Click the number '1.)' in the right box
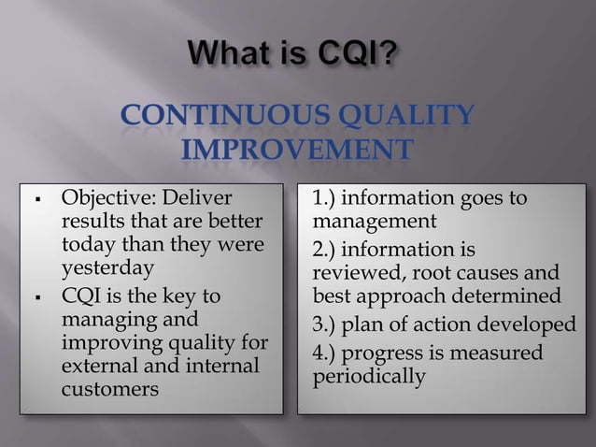[x=328, y=198]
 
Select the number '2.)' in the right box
[x=328, y=249]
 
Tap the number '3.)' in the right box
[x=328, y=325]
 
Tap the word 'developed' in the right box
[x=531, y=325]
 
